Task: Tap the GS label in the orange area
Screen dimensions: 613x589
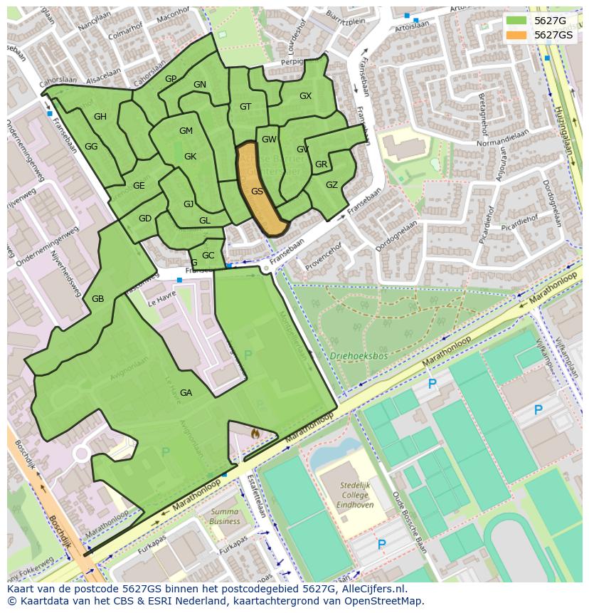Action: click(257, 192)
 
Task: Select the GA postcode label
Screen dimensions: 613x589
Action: click(186, 393)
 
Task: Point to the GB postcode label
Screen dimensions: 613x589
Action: click(98, 299)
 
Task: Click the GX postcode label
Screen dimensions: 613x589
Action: click(305, 96)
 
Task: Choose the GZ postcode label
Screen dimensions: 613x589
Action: click(331, 185)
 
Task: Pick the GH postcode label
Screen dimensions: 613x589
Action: click(100, 117)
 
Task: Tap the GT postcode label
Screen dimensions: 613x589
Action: click(245, 108)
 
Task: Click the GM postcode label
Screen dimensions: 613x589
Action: click(186, 131)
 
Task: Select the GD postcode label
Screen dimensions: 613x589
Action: click(145, 219)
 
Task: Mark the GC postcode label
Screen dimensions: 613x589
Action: click(208, 256)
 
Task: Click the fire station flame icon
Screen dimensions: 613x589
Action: click(255, 432)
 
